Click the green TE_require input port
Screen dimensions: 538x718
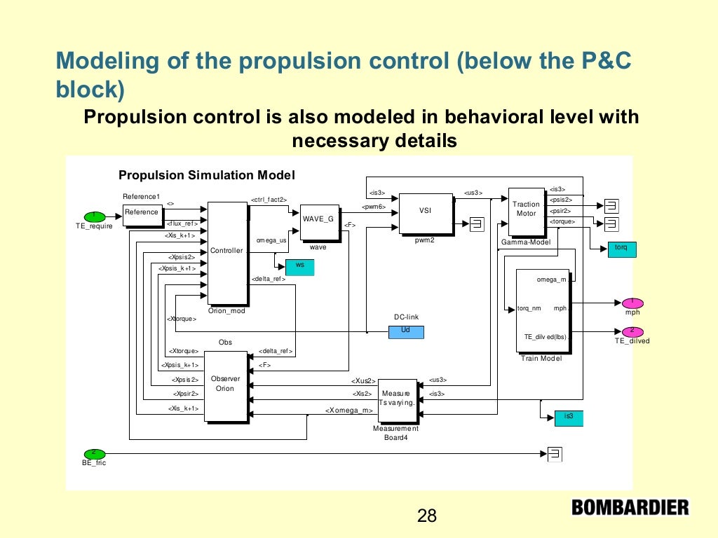tap(94, 216)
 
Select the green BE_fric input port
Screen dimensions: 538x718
tap(94, 453)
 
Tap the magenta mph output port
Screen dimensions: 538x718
tap(632, 303)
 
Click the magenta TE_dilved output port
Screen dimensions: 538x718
tap(632, 331)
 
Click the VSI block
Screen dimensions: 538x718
tap(425, 212)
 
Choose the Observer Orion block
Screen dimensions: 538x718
tap(226, 387)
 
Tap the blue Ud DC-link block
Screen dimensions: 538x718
tap(406, 331)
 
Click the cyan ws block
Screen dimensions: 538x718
tap(299, 267)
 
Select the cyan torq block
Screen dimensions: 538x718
tap(621, 249)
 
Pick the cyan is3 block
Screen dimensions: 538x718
tap(568, 418)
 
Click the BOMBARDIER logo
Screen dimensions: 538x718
tap(630, 506)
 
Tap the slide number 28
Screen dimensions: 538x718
tap(426, 516)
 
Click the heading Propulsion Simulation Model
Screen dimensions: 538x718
tap(207, 175)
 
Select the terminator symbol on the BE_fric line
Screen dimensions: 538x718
tap(555, 453)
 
